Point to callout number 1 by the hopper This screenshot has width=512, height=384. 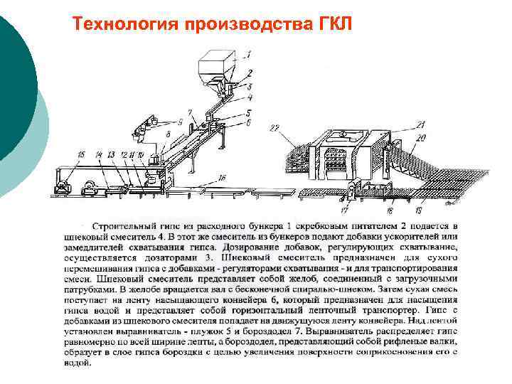click(247, 53)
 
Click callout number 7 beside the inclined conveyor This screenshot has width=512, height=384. click(190, 112)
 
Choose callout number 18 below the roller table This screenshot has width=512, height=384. click(389, 211)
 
